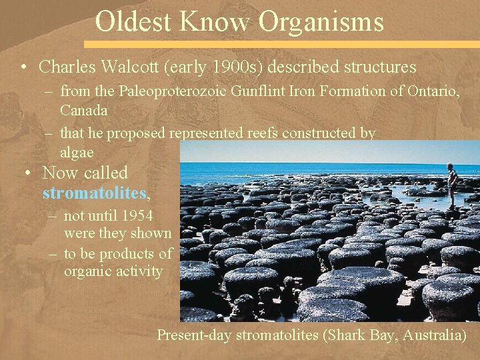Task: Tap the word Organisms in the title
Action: (x=321, y=21)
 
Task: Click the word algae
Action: (x=77, y=152)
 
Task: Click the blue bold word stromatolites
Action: (x=94, y=193)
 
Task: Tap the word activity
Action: (x=139, y=271)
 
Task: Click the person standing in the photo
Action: (x=453, y=185)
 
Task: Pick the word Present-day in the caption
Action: (x=194, y=335)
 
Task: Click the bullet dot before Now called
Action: (x=27, y=173)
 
